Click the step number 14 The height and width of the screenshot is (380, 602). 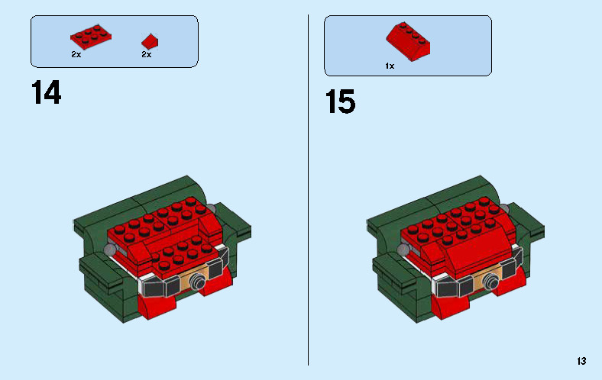46,94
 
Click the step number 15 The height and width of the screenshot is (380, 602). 340,101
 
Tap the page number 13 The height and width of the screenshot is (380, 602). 582,361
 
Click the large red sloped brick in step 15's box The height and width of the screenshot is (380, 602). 407,40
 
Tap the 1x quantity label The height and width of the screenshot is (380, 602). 390,66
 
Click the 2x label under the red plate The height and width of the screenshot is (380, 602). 76,55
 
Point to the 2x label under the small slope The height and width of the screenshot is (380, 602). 146,55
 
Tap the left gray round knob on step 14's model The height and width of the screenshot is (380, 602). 112,250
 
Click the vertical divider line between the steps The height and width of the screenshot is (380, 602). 309,191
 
